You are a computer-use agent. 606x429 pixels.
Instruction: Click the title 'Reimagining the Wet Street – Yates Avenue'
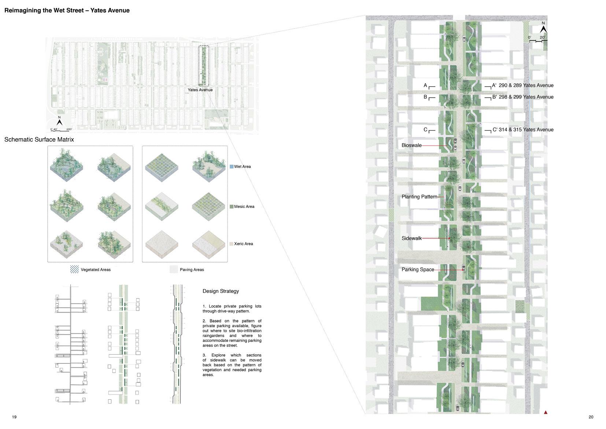tap(67, 10)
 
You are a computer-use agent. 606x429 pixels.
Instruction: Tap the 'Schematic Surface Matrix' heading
tap(39, 139)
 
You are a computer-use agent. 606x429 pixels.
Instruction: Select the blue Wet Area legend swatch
tap(232, 166)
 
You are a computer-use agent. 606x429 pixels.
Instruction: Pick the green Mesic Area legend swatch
tap(232, 206)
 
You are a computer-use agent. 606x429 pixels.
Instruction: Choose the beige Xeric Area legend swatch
tap(232, 244)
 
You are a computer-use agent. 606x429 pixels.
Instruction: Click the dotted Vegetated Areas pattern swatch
tap(74, 269)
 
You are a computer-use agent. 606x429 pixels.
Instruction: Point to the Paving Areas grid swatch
tap(174, 269)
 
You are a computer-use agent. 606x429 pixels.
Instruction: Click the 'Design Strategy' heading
tap(221, 291)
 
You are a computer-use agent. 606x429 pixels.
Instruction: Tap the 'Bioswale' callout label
tap(411, 145)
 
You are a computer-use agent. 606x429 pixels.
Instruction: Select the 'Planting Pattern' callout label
tap(419, 197)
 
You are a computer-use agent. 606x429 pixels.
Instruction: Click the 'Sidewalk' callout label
tap(411, 238)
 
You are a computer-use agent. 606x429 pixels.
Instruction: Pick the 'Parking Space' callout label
tap(418, 269)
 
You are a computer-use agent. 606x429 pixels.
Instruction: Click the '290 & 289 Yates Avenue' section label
tap(526, 85)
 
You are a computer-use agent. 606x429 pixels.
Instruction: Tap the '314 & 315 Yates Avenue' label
tap(526, 129)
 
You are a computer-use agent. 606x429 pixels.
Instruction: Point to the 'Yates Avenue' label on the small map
tap(200, 90)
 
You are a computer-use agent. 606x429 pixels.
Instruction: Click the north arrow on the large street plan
tap(543, 28)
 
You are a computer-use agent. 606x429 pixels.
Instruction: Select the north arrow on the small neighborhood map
tap(59, 122)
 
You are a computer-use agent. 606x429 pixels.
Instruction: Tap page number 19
tap(14, 417)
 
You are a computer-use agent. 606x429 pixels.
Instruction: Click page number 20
tap(591, 417)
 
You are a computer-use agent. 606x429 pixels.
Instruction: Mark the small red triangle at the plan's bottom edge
tap(546, 412)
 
